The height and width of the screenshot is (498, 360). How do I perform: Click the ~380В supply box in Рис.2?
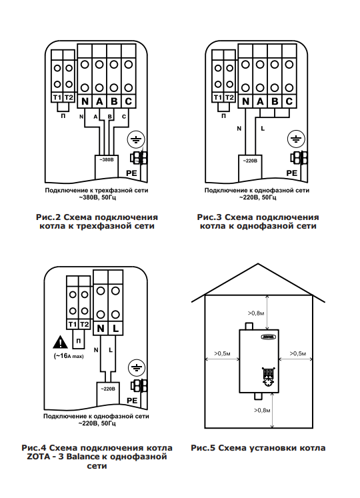click(x=107, y=167)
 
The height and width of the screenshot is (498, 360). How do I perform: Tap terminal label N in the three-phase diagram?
click(x=85, y=101)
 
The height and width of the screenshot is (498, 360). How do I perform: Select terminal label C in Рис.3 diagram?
click(x=289, y=101)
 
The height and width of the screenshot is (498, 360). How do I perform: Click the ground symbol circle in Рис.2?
click(x=136, y=139)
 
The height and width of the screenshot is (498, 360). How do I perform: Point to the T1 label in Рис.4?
click(x=73, y=324)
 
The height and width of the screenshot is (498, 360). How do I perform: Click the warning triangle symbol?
click(x=60, y=343)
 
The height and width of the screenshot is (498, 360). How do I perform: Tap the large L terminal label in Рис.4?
click(x=115, y=329)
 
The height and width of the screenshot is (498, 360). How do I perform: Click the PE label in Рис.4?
click(x=132, y=401)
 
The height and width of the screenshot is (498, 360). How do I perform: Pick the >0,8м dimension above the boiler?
click(x=256, y=313)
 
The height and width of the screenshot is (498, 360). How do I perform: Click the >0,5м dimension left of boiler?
click(x=222, y=353)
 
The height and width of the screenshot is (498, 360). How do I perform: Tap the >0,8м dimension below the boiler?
click(x=262, y=411)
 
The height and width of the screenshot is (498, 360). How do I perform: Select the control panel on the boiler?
click(x=269, y=377)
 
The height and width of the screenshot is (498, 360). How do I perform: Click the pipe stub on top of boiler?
click(x=249, y=326)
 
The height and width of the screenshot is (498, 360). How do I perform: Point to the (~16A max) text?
click(x=69, y=356)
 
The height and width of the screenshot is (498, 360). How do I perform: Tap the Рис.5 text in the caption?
click(x=203, y=448)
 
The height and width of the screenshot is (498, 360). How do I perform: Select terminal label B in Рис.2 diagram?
click(x=114, y=101)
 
